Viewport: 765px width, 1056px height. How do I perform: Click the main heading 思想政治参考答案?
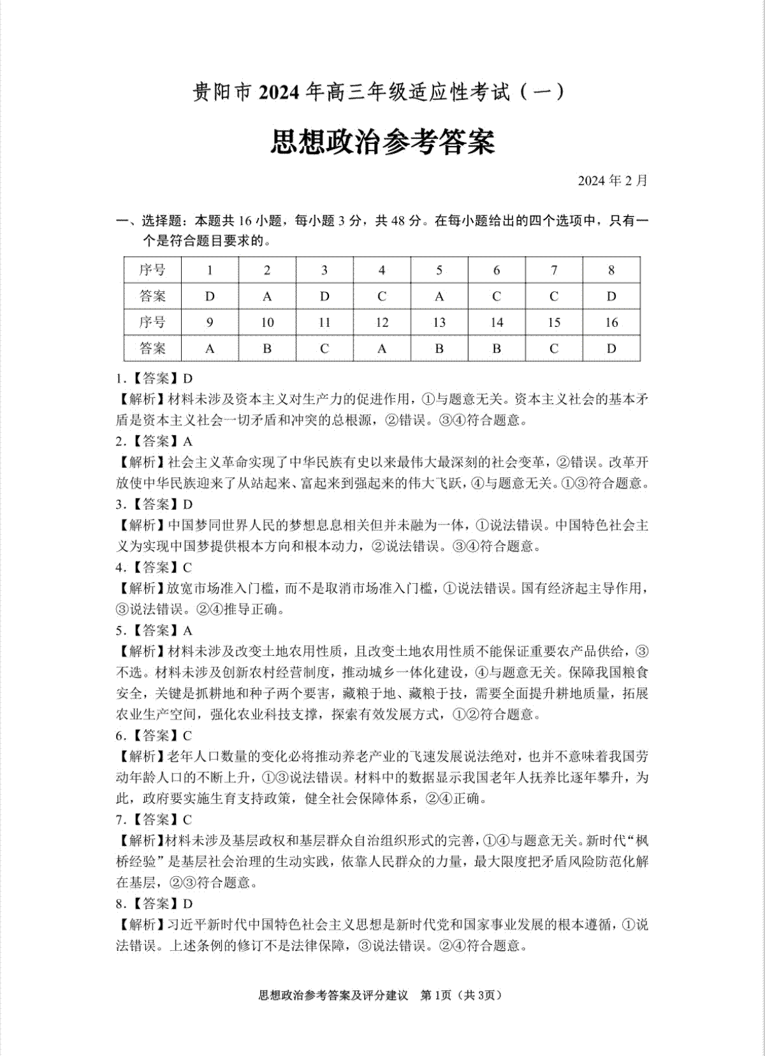tap(382, 142)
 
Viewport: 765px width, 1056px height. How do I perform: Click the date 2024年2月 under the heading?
tap(612, 180)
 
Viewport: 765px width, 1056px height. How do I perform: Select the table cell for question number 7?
tap(553, 270)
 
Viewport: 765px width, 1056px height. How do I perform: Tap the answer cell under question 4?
tap(381, 296)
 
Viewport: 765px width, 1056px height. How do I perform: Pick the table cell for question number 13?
tap(439, 322)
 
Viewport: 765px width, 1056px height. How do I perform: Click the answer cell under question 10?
tap(267, 349)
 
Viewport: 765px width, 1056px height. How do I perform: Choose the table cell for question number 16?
tap(611, 322)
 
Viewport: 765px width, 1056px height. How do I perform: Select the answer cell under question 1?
tap(210, 296)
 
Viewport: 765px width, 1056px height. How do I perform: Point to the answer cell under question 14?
tap(496, 349)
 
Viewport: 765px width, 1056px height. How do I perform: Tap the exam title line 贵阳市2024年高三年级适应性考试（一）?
tap(379, 93)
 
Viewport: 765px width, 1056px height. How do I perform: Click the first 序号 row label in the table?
tap(152, 270)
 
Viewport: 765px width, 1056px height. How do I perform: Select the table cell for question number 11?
tap(324, 322)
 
